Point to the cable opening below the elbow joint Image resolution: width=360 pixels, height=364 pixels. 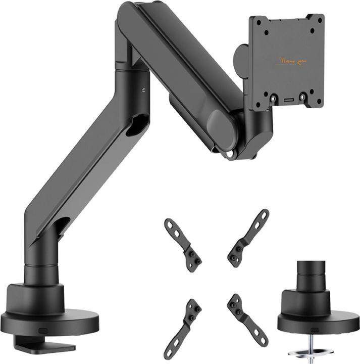(x=137, y=124)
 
